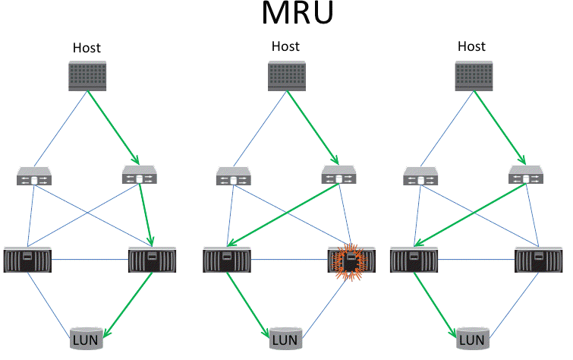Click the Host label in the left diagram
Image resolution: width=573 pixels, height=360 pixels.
(87, 48)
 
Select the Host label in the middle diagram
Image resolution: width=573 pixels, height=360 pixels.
(285, 47)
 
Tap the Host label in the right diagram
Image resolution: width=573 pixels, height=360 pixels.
(472, 47)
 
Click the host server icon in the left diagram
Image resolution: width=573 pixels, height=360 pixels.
(86, 77)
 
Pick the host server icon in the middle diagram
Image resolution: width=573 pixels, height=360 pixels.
(286, 77)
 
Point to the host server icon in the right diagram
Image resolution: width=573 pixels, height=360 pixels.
(472, 77)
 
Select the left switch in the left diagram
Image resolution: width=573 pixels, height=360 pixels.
(33, 178)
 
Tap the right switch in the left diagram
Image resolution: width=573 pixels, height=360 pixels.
(139, 178)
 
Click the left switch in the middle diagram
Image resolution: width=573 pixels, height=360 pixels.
(233, 178)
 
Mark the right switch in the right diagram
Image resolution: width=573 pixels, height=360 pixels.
(525, 178)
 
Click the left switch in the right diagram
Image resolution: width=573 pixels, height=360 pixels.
(420, 178)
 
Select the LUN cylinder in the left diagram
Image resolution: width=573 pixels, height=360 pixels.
(85, 339)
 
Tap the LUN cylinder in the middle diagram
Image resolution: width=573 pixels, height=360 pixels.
(285, 339)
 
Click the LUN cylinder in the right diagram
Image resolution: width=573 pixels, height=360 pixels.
(472, 339)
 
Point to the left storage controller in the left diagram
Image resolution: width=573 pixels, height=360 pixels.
(27, 261)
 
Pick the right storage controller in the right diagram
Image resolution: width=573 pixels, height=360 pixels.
(538, 261)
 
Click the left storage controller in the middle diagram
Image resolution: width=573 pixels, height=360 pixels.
(226, 261)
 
